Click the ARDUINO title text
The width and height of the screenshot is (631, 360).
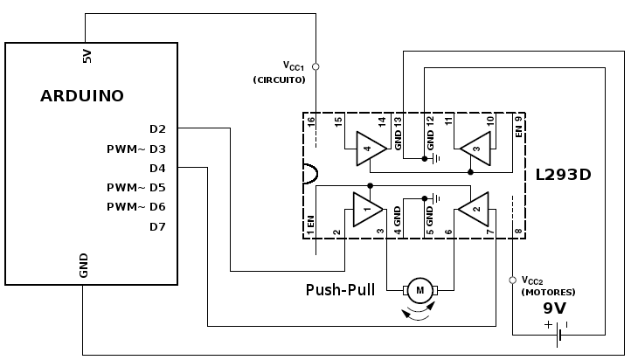[x=82, y=96]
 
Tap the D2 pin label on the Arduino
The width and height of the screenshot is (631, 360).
[x=157, y=129]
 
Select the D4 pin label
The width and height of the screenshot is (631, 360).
[x=157, y=168]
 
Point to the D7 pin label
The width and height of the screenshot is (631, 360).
[x=157, y=227]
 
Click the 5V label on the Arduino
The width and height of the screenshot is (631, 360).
[x=87, y=56]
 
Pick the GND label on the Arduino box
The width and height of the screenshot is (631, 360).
[x=84, y=266]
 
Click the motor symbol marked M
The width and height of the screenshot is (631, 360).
[x=420, y=290]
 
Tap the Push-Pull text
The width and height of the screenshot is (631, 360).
[x=341, y=290]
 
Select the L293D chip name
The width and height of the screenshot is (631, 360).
[x=564, y=175]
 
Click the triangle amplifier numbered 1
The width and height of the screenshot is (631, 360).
[x=367, y=209]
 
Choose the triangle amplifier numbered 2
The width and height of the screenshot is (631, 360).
[x=474, y=209]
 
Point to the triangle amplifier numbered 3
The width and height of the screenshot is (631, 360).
[x=475, y=149]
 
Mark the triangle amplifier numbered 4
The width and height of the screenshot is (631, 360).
[x=371, y=149]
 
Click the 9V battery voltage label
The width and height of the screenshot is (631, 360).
[x=555, y=308]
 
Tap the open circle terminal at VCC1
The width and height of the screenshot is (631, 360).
[x=315, y=66]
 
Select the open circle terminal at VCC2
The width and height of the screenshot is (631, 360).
[x=513, y=280]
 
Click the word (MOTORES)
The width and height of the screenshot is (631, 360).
[x=548, y=293]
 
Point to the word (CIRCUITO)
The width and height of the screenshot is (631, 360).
[x=280, y=80]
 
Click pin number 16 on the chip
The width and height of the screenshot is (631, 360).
[x=310, y=121]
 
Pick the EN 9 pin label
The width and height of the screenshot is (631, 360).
[x=519, y=127]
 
